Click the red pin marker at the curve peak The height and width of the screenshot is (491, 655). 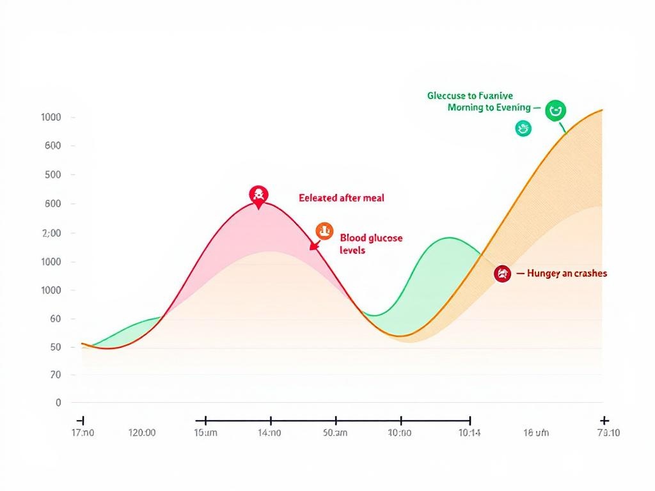coord(258,196)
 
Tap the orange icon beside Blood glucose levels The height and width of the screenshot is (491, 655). coord(324,231)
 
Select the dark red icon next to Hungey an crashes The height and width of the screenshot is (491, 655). coord(503,274)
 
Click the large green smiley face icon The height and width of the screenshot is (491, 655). coord(555,111)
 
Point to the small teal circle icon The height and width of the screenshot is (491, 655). coord(523,129)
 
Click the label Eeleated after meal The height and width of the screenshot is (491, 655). coord(342,198)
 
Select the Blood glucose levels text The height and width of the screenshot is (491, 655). coord(371,244)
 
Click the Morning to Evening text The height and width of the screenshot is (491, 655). coord(489,107)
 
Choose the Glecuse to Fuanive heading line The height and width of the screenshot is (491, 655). coord(470,95)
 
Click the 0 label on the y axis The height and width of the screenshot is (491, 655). coord(58,403)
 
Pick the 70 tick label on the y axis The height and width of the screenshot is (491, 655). coord(56,375)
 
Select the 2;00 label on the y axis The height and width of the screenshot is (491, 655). coord(51,233)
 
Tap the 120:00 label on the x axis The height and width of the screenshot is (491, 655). coord(142,433)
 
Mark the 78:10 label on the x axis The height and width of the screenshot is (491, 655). coord(608,433)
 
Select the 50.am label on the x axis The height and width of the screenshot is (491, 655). coord(335,433)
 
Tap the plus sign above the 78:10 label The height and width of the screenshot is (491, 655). coord(603,420)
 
